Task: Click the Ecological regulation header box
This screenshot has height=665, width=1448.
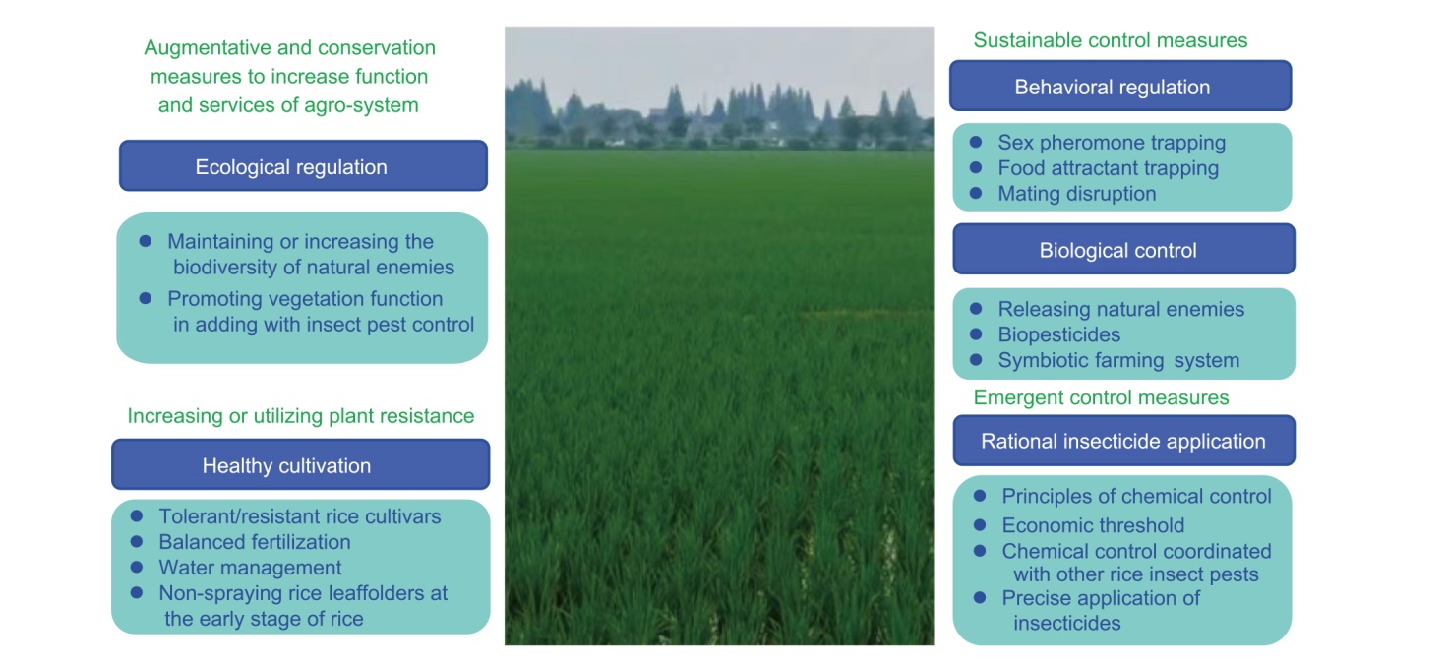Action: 303,165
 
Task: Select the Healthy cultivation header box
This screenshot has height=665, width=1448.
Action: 301,464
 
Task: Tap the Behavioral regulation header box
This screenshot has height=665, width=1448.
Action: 1120,86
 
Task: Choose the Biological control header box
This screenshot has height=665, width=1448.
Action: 1123,250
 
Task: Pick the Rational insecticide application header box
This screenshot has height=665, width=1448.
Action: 1123,441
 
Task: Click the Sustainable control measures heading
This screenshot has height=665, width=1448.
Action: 1110,40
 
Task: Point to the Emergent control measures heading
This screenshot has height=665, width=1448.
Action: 1101,397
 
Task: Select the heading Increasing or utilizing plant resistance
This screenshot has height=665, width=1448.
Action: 301,415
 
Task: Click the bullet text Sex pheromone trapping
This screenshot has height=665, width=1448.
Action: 1112,143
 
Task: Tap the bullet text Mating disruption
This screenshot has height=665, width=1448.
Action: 1077,193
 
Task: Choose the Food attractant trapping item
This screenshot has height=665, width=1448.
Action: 1108,168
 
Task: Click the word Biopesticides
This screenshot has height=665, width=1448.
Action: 1058,334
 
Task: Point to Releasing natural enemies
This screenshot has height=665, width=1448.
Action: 1120,309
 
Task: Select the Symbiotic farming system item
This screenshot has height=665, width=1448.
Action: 1118,360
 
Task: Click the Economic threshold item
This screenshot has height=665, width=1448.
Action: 1093,525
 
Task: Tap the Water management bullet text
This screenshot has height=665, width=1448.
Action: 250,568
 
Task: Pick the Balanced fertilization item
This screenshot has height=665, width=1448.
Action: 255,542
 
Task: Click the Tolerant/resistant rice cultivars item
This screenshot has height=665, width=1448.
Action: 300,516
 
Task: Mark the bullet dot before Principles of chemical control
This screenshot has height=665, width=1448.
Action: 980,496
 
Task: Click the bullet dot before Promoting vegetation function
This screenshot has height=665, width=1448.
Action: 146,298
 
